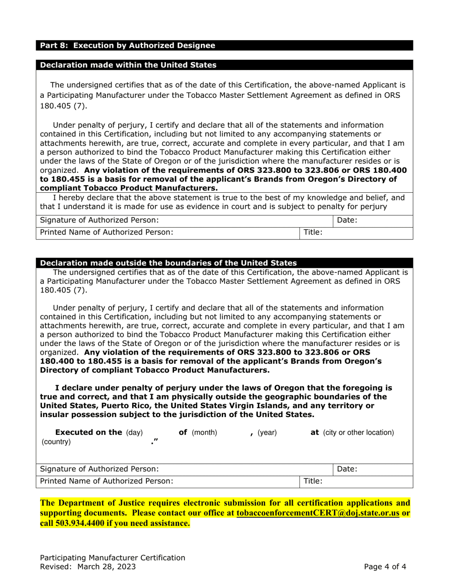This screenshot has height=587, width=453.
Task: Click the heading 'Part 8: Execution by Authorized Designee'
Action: point(127,46)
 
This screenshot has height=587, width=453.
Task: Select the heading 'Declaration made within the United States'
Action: point(128,65)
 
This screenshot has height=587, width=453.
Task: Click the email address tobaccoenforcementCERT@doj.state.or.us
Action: point(317,513)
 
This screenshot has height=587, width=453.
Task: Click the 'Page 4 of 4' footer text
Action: point(385,567)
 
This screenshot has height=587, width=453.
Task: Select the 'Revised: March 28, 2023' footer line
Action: point(88,567)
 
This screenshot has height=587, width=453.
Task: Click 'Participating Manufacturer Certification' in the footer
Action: point(113,557)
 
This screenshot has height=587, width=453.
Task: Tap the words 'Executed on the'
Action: point(89,432)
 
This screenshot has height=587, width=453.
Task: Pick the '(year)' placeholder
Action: point(267,433)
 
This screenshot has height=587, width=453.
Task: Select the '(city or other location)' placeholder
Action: point(359,433)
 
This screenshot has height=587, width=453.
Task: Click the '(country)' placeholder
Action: point(56,442)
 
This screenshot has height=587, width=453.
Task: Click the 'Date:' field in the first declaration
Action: point(372,220)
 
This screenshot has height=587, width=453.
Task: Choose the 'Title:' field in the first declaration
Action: point(357,232)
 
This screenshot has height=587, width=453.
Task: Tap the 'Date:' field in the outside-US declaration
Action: point(372,469)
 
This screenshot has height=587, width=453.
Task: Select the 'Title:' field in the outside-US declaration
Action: point(357,482)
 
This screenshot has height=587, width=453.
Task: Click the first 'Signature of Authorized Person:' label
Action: point(99,220)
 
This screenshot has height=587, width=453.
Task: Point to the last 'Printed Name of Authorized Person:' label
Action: point(106,482)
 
